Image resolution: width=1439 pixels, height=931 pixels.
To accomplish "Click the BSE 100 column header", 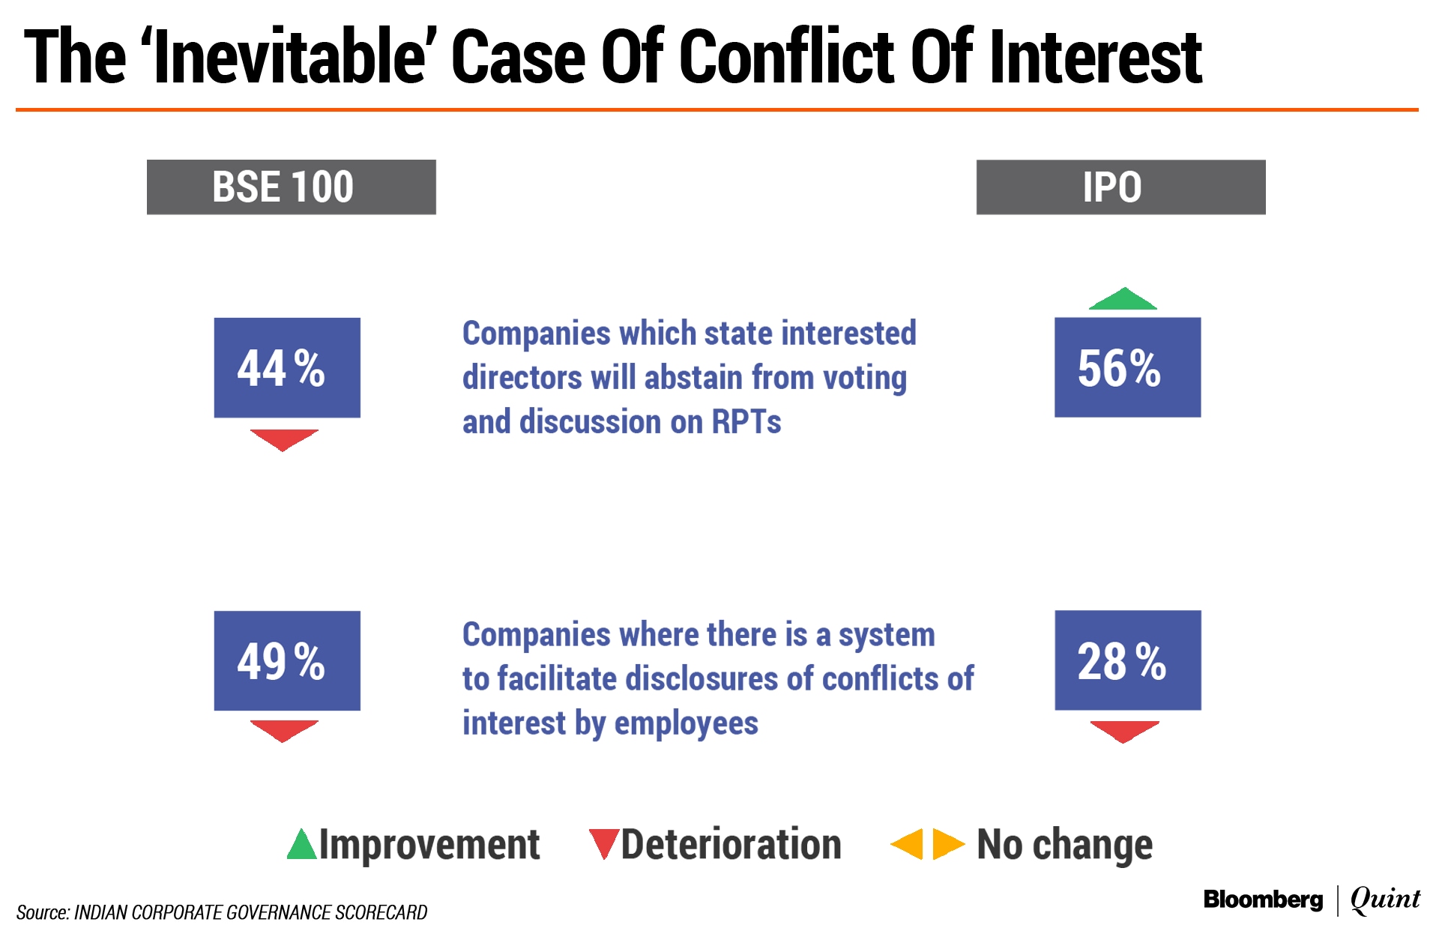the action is point(291,187).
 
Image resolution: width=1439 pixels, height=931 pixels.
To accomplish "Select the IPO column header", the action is point(1120,187).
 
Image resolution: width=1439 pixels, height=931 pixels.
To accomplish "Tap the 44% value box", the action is point(287,367).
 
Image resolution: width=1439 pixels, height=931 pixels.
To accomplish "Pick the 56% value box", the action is point(1127,367).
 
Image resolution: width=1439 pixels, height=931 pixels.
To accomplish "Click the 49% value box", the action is point(287,660).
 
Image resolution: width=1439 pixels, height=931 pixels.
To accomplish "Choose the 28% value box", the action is point(1128,660).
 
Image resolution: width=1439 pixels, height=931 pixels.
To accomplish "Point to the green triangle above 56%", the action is point(1123,299).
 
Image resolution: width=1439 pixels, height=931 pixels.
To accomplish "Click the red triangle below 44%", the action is point(284,439).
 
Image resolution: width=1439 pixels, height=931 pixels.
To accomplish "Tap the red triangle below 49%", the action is point(284,730).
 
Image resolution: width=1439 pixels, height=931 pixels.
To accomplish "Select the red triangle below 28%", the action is point(1124,731).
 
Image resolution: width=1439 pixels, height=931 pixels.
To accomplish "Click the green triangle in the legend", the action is point(302,845).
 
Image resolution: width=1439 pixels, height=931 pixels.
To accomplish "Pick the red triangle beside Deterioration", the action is point(603,843).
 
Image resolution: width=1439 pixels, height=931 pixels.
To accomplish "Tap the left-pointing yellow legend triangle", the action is point(908,845).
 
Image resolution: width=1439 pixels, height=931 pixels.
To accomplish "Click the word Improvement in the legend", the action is point(429,846).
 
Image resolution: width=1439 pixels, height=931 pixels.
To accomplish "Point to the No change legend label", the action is point(1065,846).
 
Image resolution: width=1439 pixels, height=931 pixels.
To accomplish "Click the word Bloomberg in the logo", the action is point(1263,900).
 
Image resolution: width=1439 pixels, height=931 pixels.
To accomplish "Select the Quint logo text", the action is point(1385,900).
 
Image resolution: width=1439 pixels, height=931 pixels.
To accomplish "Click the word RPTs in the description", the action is point(746,422).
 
